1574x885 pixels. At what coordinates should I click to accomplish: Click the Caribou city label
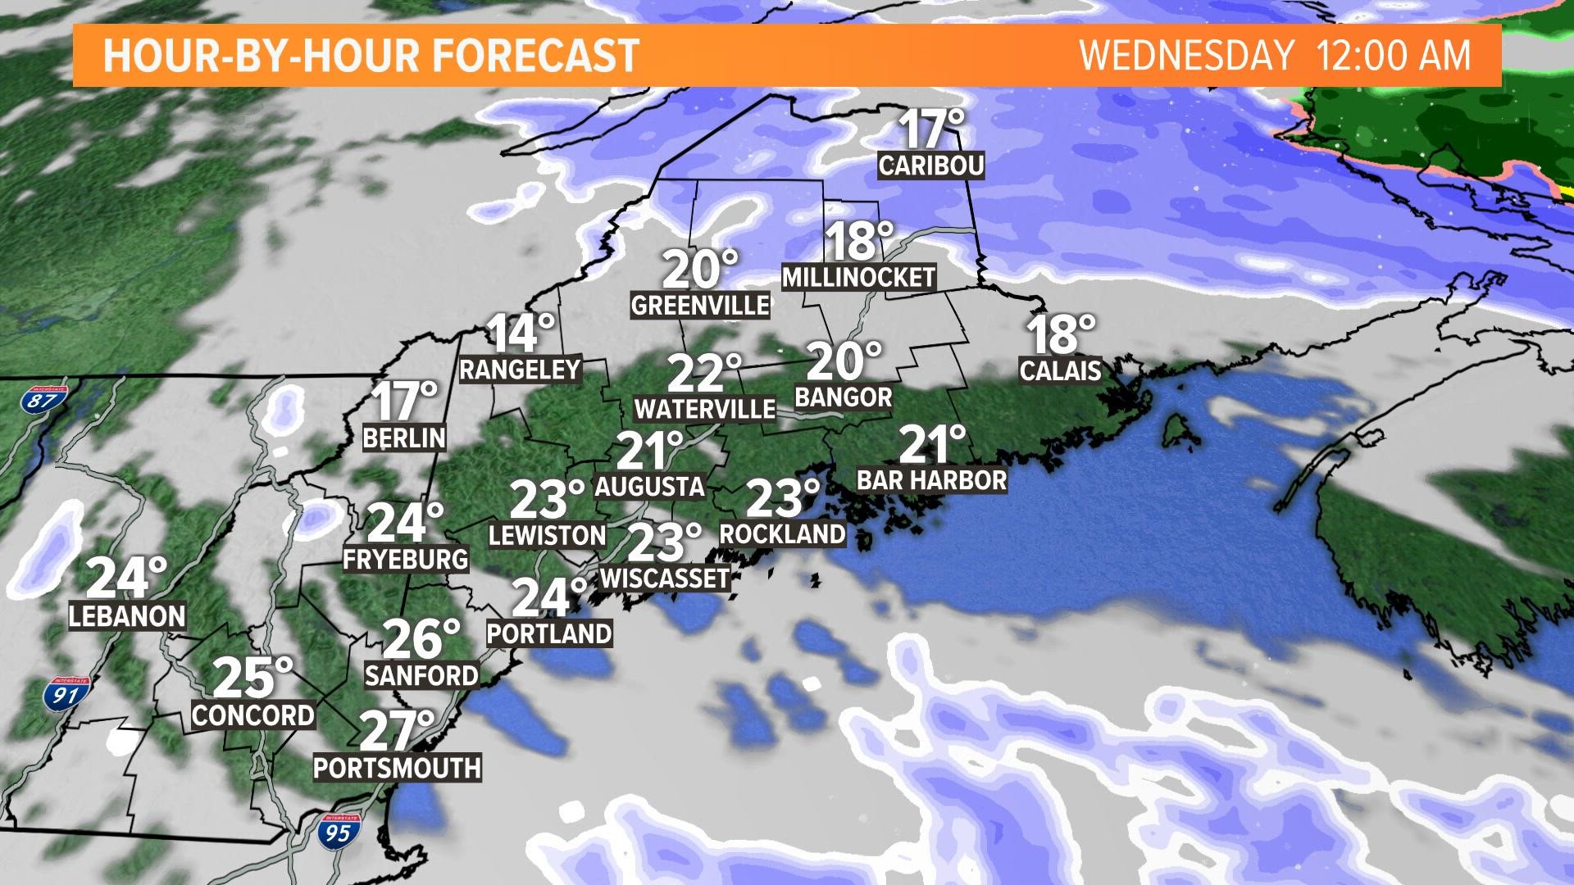930,166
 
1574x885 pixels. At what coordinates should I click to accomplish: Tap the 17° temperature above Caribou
931,129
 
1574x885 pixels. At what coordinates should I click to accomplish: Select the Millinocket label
858,277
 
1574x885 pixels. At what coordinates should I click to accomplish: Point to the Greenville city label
700,305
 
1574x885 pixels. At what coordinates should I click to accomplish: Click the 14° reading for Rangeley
521,334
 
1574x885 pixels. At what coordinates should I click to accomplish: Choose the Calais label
1060,370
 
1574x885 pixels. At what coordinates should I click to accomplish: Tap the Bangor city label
843,397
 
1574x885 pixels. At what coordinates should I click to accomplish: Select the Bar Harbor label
931,479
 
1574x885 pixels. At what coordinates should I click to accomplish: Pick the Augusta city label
649,487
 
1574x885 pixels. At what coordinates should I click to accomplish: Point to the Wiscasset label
665,578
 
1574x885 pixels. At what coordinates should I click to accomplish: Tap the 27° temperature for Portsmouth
397,731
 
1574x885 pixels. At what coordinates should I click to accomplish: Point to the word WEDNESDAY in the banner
1186,56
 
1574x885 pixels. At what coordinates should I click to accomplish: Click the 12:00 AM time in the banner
1393,56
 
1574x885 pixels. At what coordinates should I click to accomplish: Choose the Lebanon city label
127,615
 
